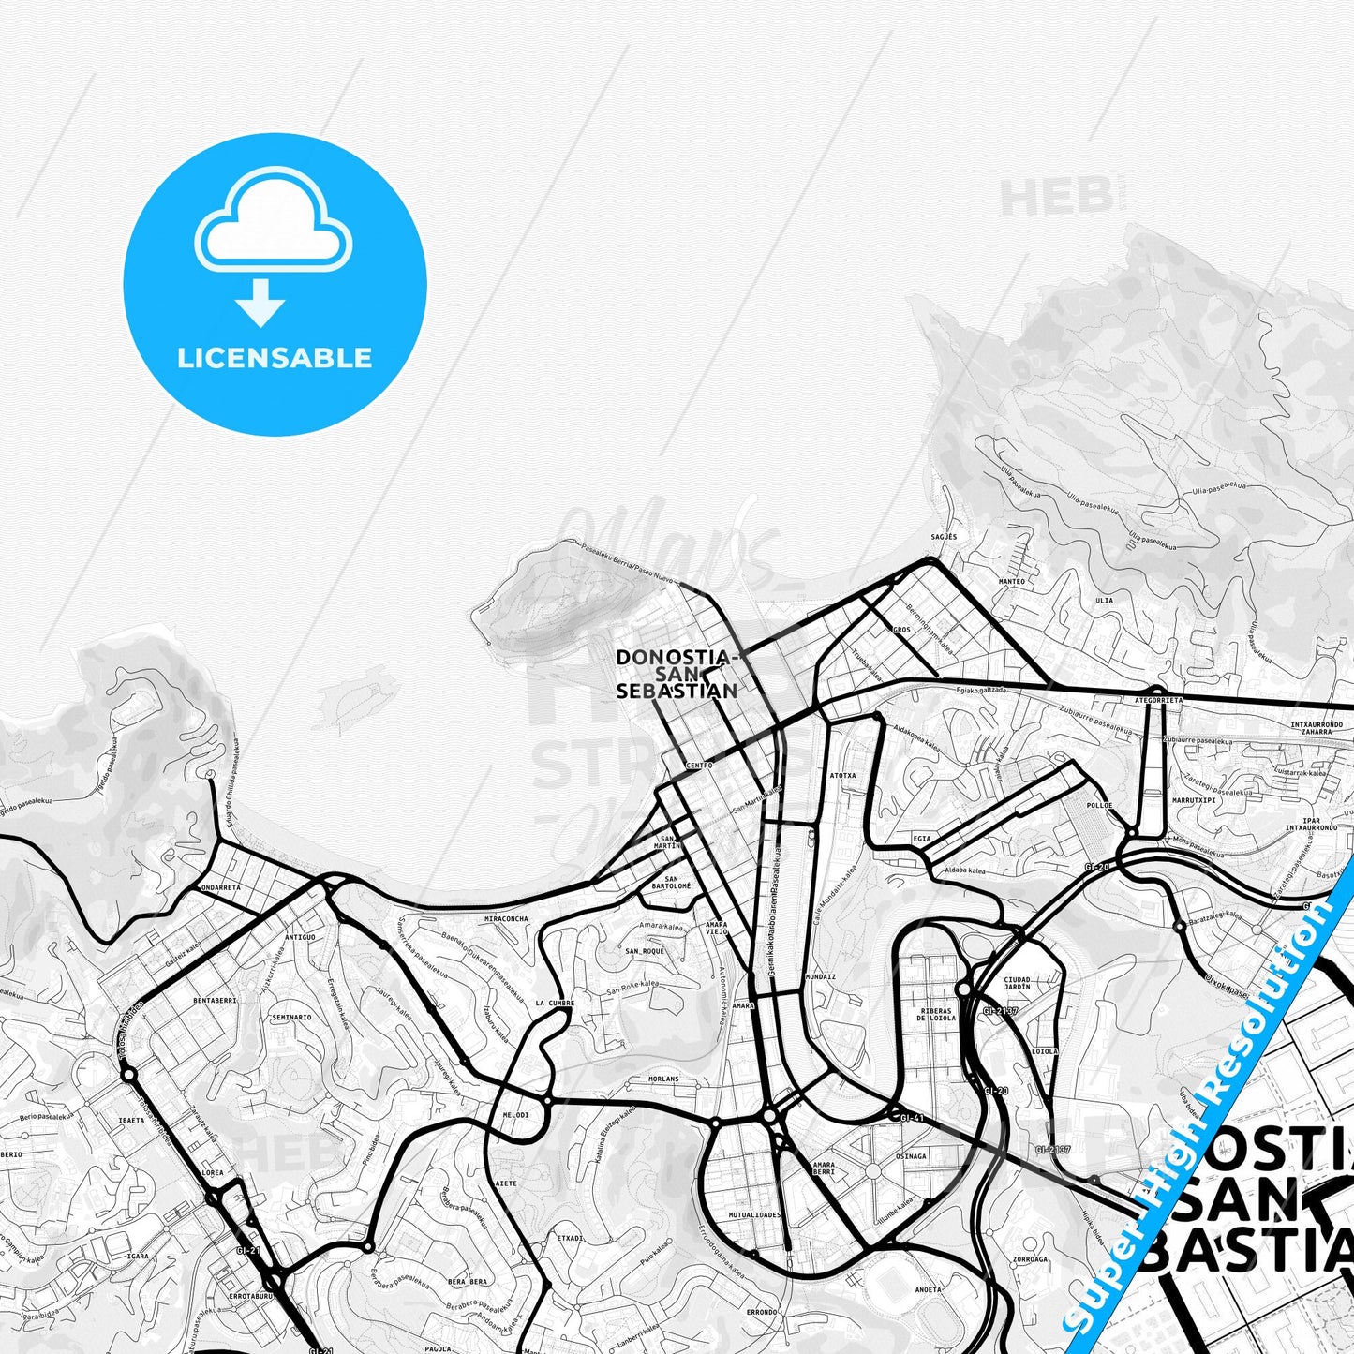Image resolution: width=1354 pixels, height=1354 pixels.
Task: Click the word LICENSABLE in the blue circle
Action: [x=275, y=358]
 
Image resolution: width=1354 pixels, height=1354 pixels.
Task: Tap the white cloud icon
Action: [x=274, y=225]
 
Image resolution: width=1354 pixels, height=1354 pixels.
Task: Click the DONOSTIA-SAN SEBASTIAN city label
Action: [x=677, y=674]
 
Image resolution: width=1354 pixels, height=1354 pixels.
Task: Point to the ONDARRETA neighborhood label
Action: [x=221, y=886]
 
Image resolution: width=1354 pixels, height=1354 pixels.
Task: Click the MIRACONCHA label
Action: [x=506, y=919]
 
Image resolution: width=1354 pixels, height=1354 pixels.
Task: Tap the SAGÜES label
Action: [x=945, y=536]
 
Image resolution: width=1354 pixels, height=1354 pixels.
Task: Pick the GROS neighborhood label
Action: [x=901, y=630]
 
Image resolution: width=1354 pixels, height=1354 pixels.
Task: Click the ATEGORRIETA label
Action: [x=1159, y=700]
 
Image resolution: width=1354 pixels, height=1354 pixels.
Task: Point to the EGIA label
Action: [x=922, y=838]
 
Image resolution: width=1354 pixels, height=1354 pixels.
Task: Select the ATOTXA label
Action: [x=842, y=776]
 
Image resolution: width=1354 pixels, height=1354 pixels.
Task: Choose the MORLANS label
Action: [x=663, y=1079]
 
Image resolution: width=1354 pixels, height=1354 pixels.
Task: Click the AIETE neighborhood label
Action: [x=505, y=1183]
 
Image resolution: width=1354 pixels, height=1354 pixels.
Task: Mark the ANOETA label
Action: [x=928, y=1289]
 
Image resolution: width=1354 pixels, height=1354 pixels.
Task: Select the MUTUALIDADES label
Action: [x=755, y=1214]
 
